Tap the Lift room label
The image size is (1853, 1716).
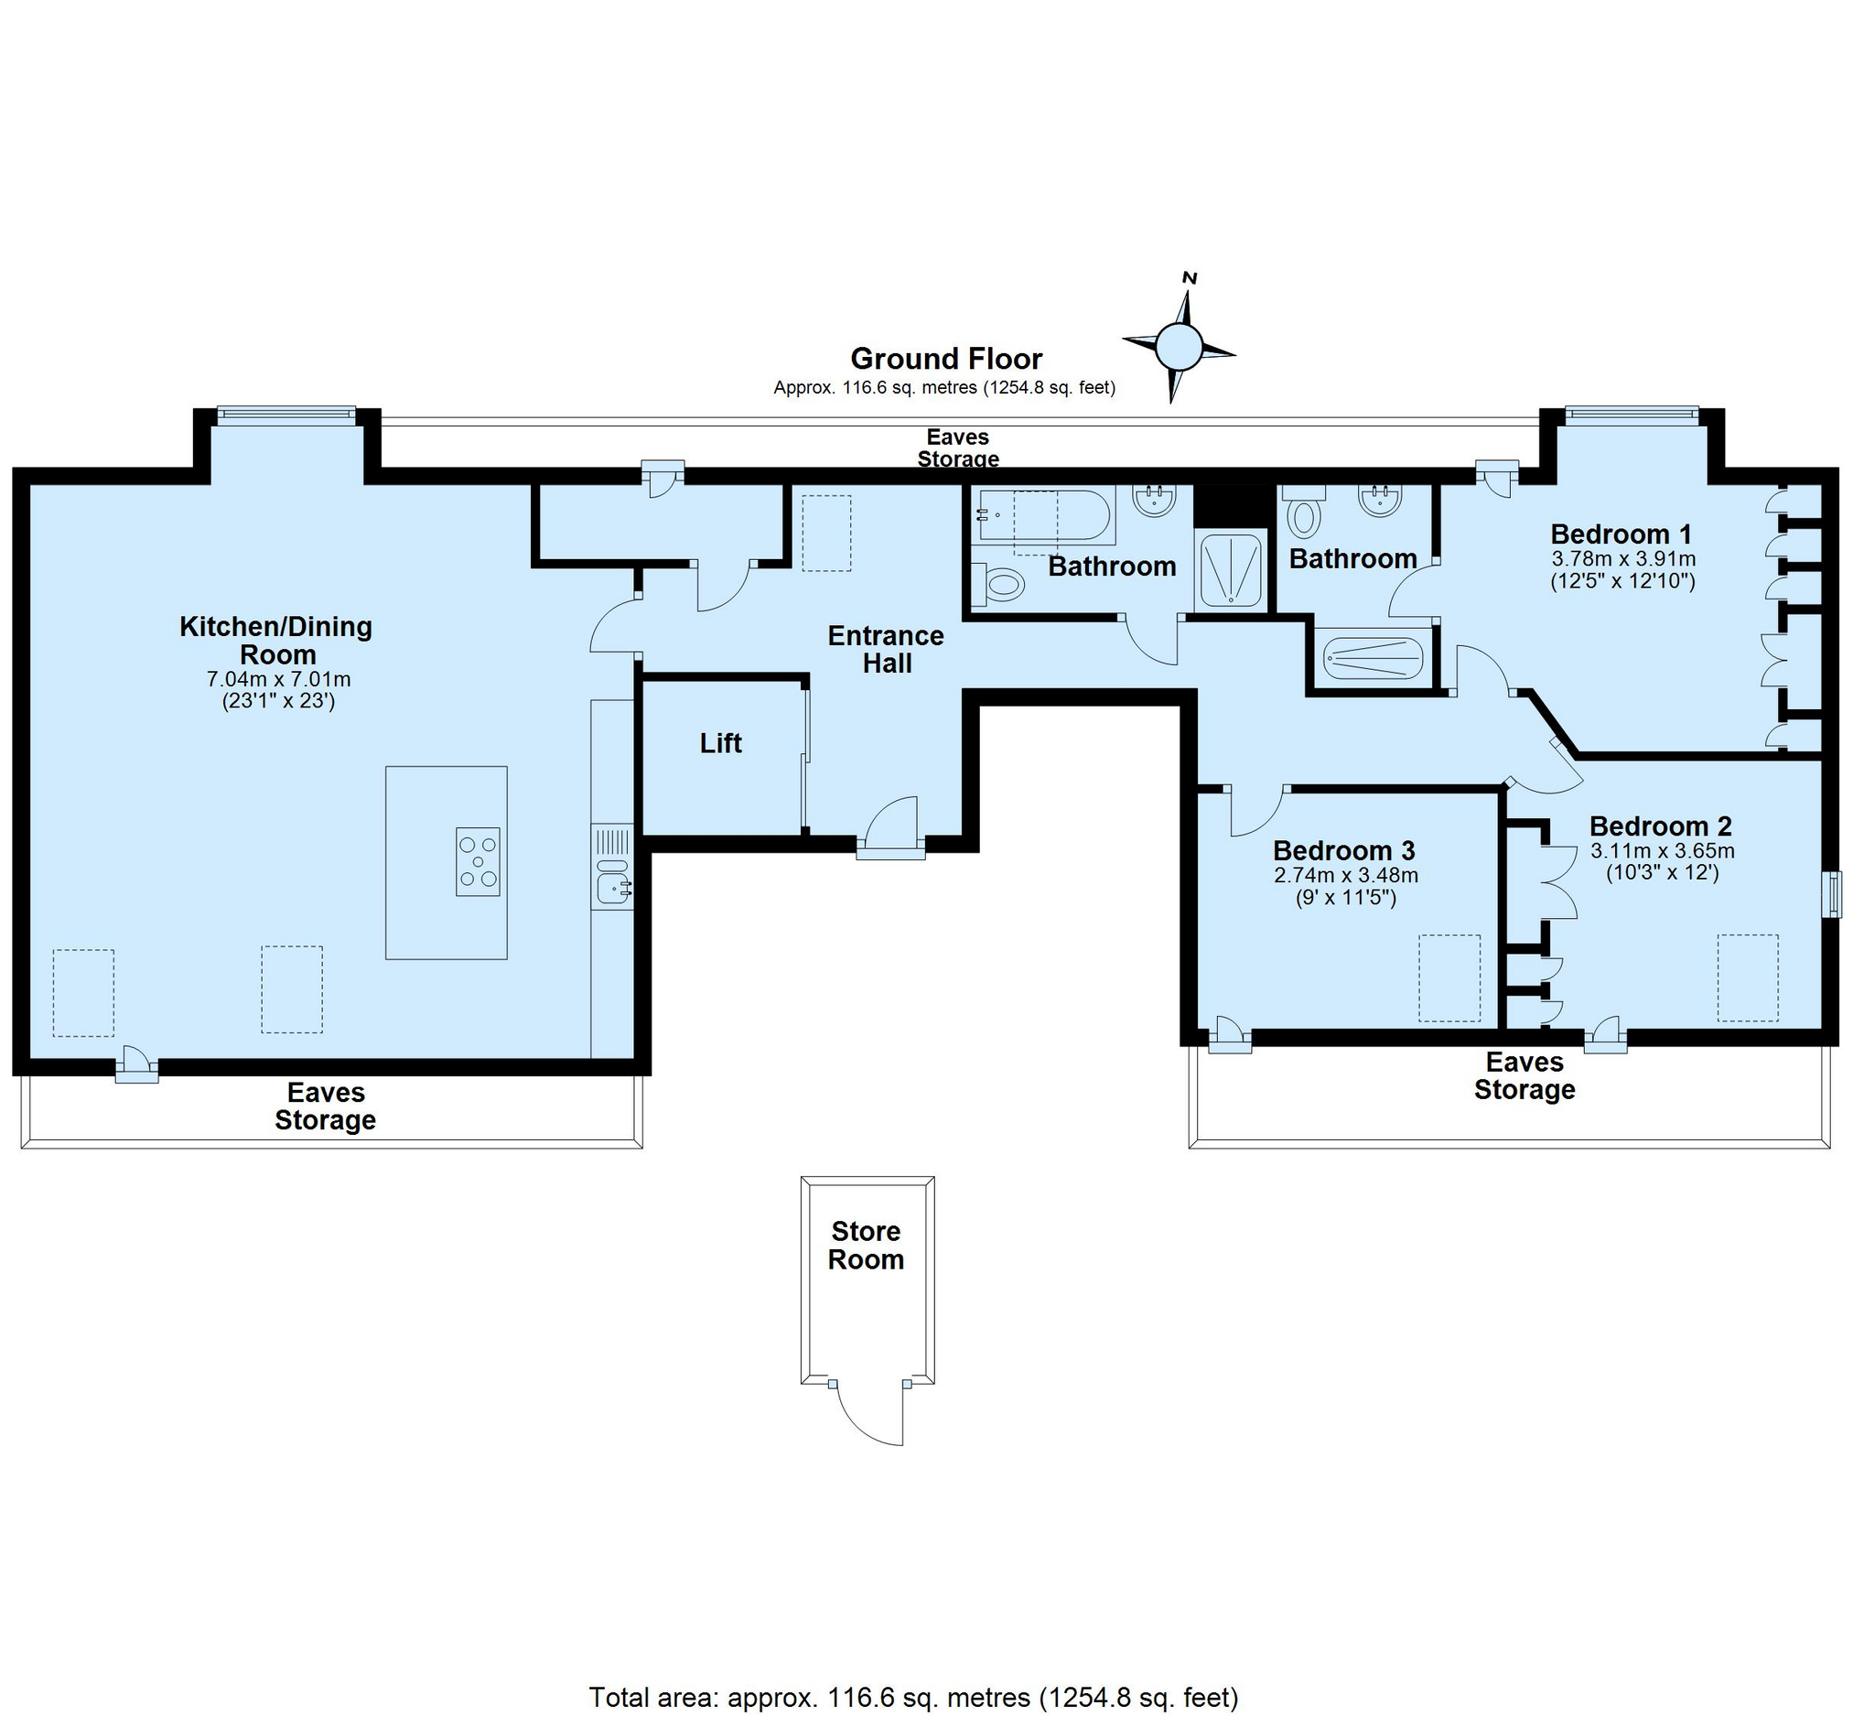point(720,743)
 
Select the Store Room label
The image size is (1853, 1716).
point(867,1246)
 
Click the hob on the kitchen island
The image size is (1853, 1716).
point(478,862)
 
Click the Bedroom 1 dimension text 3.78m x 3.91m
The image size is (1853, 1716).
point(1623,559)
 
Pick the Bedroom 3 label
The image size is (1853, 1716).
point(1344,850)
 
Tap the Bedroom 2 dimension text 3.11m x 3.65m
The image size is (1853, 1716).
point(1663,850)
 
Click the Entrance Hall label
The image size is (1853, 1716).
point(886,649)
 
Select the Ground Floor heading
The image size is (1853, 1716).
point(946,359)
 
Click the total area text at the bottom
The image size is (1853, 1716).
point(913,1698)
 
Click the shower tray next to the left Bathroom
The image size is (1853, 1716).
point(1230,569)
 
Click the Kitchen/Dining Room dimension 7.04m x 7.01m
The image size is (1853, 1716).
point(278,679)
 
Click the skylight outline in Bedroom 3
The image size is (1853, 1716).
point(1449,977)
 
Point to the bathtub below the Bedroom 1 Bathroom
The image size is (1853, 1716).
point(1372,657)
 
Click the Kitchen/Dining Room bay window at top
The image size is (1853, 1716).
point(285,415)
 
